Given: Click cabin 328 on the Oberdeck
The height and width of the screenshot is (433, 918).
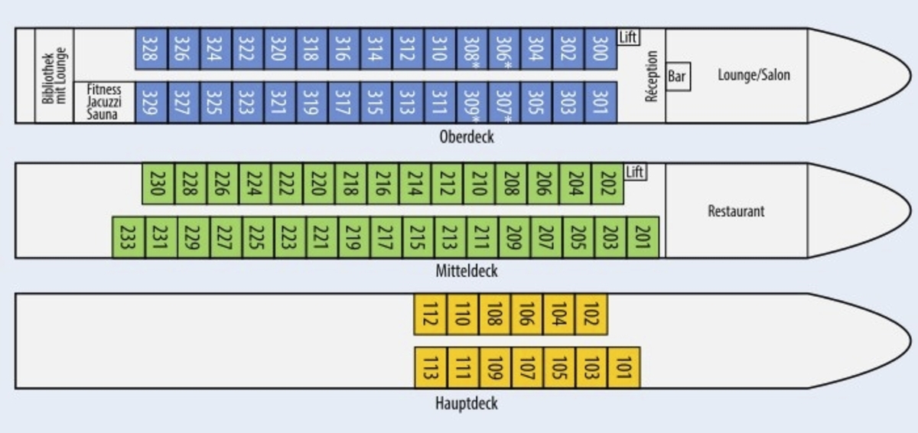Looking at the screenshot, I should [151, 48].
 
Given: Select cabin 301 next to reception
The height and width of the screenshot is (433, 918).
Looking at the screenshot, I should [601, 102].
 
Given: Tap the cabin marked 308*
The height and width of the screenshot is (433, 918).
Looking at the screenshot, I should [473, 48].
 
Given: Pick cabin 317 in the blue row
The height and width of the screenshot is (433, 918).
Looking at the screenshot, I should [343, 102].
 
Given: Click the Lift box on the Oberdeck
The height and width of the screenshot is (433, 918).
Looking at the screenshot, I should [628, 37].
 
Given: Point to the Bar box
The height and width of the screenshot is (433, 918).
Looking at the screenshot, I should [678, 77].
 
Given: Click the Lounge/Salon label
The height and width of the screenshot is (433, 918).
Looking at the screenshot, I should [754, 75].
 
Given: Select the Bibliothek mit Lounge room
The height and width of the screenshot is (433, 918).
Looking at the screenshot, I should [54, 76].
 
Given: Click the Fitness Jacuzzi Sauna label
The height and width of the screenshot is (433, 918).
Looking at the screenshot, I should [103, 102].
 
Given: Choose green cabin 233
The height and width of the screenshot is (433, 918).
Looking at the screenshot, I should [128, 237].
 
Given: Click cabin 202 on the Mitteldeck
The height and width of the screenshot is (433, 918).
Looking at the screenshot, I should [608, 184].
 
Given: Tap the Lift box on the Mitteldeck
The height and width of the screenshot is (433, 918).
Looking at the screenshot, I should [635, 172].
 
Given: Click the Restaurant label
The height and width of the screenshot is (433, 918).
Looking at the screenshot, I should [736, 211].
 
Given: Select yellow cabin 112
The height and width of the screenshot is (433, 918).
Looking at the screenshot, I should [430, 314].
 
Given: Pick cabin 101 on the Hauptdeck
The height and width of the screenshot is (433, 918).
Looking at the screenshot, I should [624, 367].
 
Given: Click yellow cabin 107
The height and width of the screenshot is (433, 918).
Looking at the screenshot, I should [527, 367].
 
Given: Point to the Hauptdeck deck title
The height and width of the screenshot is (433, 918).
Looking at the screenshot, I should [467, 402].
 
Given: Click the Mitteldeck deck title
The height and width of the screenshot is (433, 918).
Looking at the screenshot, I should [467, 271].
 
